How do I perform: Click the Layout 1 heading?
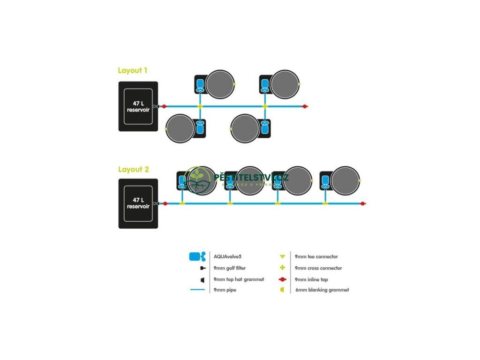click(133, 71)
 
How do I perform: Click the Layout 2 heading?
click(133, 169)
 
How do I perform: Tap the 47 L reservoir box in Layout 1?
click(138, 106)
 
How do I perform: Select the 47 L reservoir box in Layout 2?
click(138, 203)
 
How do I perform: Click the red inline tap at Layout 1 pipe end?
click(305, 106)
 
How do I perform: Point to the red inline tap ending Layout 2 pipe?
click(363, 203)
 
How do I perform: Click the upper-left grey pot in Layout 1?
click(220, 84)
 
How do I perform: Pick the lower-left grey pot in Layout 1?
click(180, 128)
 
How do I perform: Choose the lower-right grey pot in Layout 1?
click(245, 128)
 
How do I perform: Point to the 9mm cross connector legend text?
click(318, 268)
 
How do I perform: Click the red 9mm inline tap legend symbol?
click(282, 279)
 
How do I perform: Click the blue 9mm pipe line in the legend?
click(197, 290)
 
